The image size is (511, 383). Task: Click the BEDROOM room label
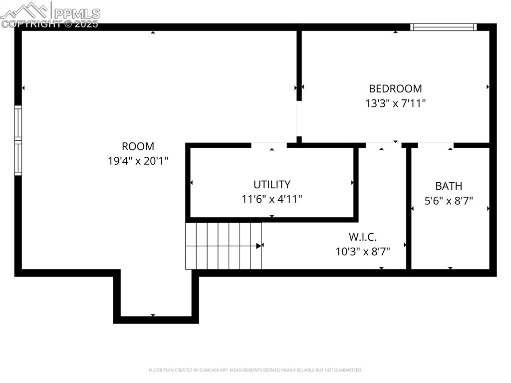coord(395,89)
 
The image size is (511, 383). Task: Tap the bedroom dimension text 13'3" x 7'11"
coord(395,103)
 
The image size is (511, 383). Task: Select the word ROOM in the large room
coord(138,146)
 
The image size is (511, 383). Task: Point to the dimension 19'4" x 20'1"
coord(138,161)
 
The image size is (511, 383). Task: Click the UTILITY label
coord(271,184)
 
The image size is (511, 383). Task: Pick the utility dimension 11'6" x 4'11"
coord(271,199)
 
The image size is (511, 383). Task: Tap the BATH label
coord(449,186)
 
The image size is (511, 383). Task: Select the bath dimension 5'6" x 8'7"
coord(449,200)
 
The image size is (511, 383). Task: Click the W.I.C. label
coord(362,237)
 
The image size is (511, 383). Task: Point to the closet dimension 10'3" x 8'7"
coord(362,251)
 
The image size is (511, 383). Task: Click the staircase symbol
coord(223,246)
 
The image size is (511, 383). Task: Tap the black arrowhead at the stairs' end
coord(259,246)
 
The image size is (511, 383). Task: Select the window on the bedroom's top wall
coord(443,27)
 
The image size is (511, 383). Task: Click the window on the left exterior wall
coord(18,140)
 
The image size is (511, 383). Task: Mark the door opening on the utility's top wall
coord(269,145)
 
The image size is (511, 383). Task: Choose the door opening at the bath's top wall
coord(435,145)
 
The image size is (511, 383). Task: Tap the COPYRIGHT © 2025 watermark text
coord(50,23)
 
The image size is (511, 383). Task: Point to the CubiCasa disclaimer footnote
coord(255,370)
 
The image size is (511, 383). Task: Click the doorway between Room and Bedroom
coord(299,119)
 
